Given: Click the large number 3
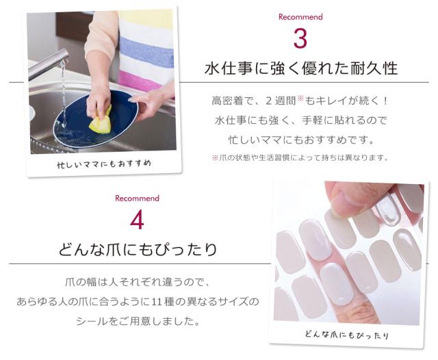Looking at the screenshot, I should pyautogui.click(x=300, y=39).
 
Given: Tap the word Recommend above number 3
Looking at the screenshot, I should pyautogui.click(x=300, y=16).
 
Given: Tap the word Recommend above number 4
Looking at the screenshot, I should pyautogui.click(x=137, y=198).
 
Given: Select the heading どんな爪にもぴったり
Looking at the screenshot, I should pyautogui.click(x=138, y=248).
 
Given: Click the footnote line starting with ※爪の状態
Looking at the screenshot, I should pyautogui.click(x=300, y=157).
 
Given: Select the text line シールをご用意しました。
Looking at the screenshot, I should pyautogui.click(x=138, y=320).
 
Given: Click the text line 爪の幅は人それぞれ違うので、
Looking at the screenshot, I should pyautogui.click(x=138, y=282).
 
